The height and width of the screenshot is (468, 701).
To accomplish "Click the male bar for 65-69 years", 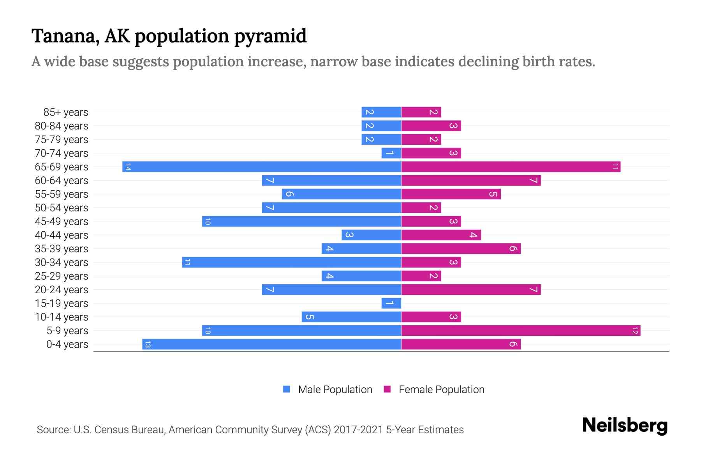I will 262,167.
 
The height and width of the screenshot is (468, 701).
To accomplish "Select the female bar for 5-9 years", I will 521,331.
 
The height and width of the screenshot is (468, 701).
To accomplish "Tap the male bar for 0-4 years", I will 271,344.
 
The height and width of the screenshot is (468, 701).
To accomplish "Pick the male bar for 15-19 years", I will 391,303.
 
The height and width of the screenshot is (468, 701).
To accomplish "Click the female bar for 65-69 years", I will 511,167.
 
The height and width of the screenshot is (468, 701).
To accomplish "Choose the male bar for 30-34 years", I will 291,262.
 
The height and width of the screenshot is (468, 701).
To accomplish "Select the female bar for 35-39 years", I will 461,249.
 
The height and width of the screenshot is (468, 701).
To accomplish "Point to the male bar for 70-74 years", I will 391,153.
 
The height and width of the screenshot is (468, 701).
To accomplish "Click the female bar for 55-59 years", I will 451,194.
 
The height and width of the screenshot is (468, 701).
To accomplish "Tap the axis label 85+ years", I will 65,112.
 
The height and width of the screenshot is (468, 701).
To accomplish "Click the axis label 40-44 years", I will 62,235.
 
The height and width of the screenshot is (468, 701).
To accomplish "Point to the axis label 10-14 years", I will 62,317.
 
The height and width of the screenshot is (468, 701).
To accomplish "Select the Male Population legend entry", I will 335,390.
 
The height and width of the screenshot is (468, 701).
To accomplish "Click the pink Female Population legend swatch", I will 387,389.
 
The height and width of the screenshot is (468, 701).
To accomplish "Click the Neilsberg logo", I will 625,425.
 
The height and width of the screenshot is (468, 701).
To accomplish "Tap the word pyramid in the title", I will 270,37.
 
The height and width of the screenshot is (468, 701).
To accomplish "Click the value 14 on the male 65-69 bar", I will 128,167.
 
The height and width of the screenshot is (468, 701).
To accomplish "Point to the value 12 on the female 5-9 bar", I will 635,331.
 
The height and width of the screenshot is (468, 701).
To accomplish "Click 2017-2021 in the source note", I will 358,430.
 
